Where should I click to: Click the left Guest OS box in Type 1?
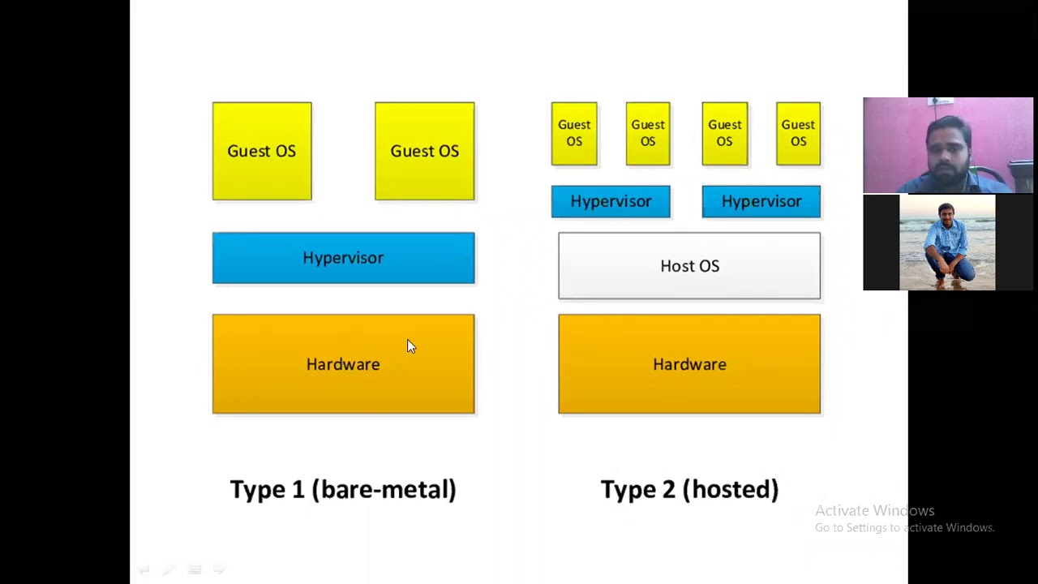point(261,151)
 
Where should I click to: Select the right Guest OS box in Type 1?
point(424,151)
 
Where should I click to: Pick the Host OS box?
point(688,266)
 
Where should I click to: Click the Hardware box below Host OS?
point(688,364)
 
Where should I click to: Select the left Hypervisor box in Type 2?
point(610,201)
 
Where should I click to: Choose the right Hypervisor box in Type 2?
point(761,201)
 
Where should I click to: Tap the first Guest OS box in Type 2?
point(573,133)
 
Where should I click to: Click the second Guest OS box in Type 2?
point(647,133)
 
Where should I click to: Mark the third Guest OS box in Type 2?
point(724,133)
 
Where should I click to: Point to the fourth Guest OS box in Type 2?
point(798,133)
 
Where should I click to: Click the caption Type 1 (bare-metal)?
point(343,489)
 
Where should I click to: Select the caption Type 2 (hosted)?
point(689,489)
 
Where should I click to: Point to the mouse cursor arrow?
point(410,346)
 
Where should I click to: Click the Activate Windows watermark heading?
point(874,510)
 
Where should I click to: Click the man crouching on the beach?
point(946,243)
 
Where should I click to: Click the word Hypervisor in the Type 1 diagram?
point(343,257)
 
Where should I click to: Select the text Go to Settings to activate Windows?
point(904,528)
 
